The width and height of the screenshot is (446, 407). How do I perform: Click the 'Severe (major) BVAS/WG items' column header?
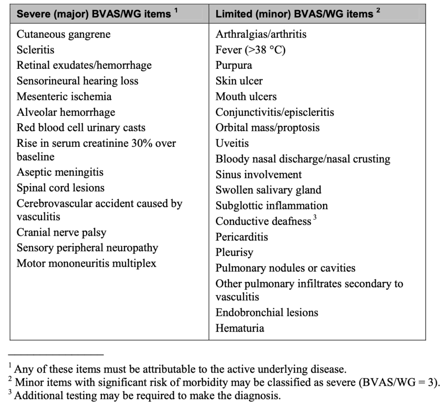[94, 14]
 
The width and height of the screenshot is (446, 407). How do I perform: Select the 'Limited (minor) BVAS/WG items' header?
[294, 14]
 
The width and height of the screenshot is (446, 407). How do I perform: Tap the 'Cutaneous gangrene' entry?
[64, 34]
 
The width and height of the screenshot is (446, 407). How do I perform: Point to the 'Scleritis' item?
[36, 50]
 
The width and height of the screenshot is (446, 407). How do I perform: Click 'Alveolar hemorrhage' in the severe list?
[66, 112]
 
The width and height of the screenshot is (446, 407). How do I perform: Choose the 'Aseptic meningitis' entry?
[60, 172]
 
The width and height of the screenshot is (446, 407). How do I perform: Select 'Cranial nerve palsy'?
[61, 232]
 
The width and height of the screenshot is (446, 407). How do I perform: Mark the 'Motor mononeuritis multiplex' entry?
[86, 263]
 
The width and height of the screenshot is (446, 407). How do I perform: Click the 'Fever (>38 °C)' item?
[250, 50]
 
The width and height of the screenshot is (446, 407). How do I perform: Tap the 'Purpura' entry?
[233, 65]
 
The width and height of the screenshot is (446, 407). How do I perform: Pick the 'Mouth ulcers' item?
[246, 96]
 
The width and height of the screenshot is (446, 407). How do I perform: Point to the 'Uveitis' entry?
[232, 143]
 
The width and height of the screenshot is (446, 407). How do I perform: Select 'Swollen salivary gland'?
[268, 190]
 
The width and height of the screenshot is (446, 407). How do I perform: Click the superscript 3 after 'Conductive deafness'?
[314, 218]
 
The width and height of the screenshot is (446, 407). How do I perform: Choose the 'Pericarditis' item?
[242, 237]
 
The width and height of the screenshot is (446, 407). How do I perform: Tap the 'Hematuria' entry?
[240, 328]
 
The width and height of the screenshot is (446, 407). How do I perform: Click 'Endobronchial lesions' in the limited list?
[267, 312]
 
